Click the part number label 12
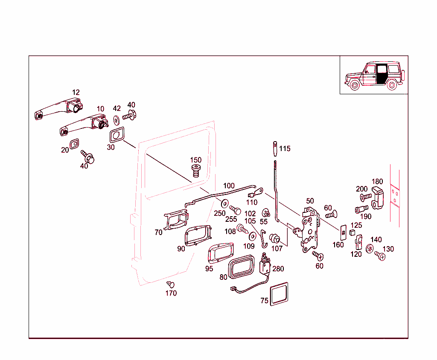pyautogui.click(x=76, y=92)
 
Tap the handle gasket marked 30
pyautogui.click(x=116, y=136)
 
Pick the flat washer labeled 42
pyautogui.click(x=116, y=119)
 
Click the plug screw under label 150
pyautogui.click(x=196, y=171)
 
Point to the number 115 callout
pyautogui.click(x=285, y=149)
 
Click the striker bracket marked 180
pyautogui.click(x=377, y=197)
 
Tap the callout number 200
pyautogui.click(x=361, y=189)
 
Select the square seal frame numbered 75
pyautogui.click(x=279, y=293)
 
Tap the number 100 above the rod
pyautogui.click(x=229, y=186)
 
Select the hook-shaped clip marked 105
pyautogui.click(x=263, y=239)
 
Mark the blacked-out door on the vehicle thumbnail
pyautogui.click(x=381, y=74)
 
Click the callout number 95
pyautogui.click(x=209, y=269)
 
